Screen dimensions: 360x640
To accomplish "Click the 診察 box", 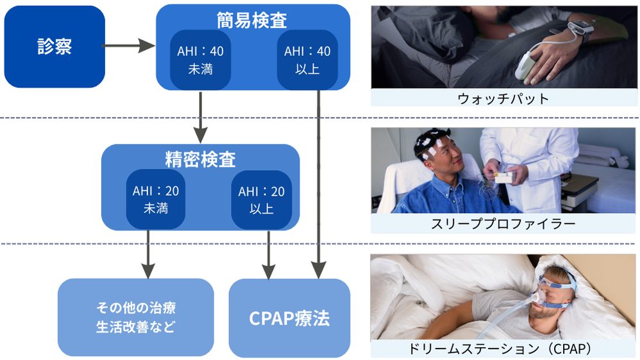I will coord(54,47).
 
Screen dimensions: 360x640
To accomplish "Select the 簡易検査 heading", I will coord(252,19).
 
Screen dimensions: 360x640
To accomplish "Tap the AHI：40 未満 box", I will coord(200,59).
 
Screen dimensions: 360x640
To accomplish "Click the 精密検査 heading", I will coord(200,159).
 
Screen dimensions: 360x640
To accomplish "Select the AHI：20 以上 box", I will coord(261,199).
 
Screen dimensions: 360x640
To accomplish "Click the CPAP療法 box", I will coord(289,318).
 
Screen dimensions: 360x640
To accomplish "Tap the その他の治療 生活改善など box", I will coord(135,317).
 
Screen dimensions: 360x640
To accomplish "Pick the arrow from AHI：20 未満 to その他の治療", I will coord(148,253).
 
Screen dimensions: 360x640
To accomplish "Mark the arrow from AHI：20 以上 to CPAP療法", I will coord(268,253).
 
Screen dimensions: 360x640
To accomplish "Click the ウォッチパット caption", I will coord(503,98).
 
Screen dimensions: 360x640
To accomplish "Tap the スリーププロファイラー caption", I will coord(503,224).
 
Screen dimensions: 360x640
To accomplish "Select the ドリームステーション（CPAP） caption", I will coord(503,348).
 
